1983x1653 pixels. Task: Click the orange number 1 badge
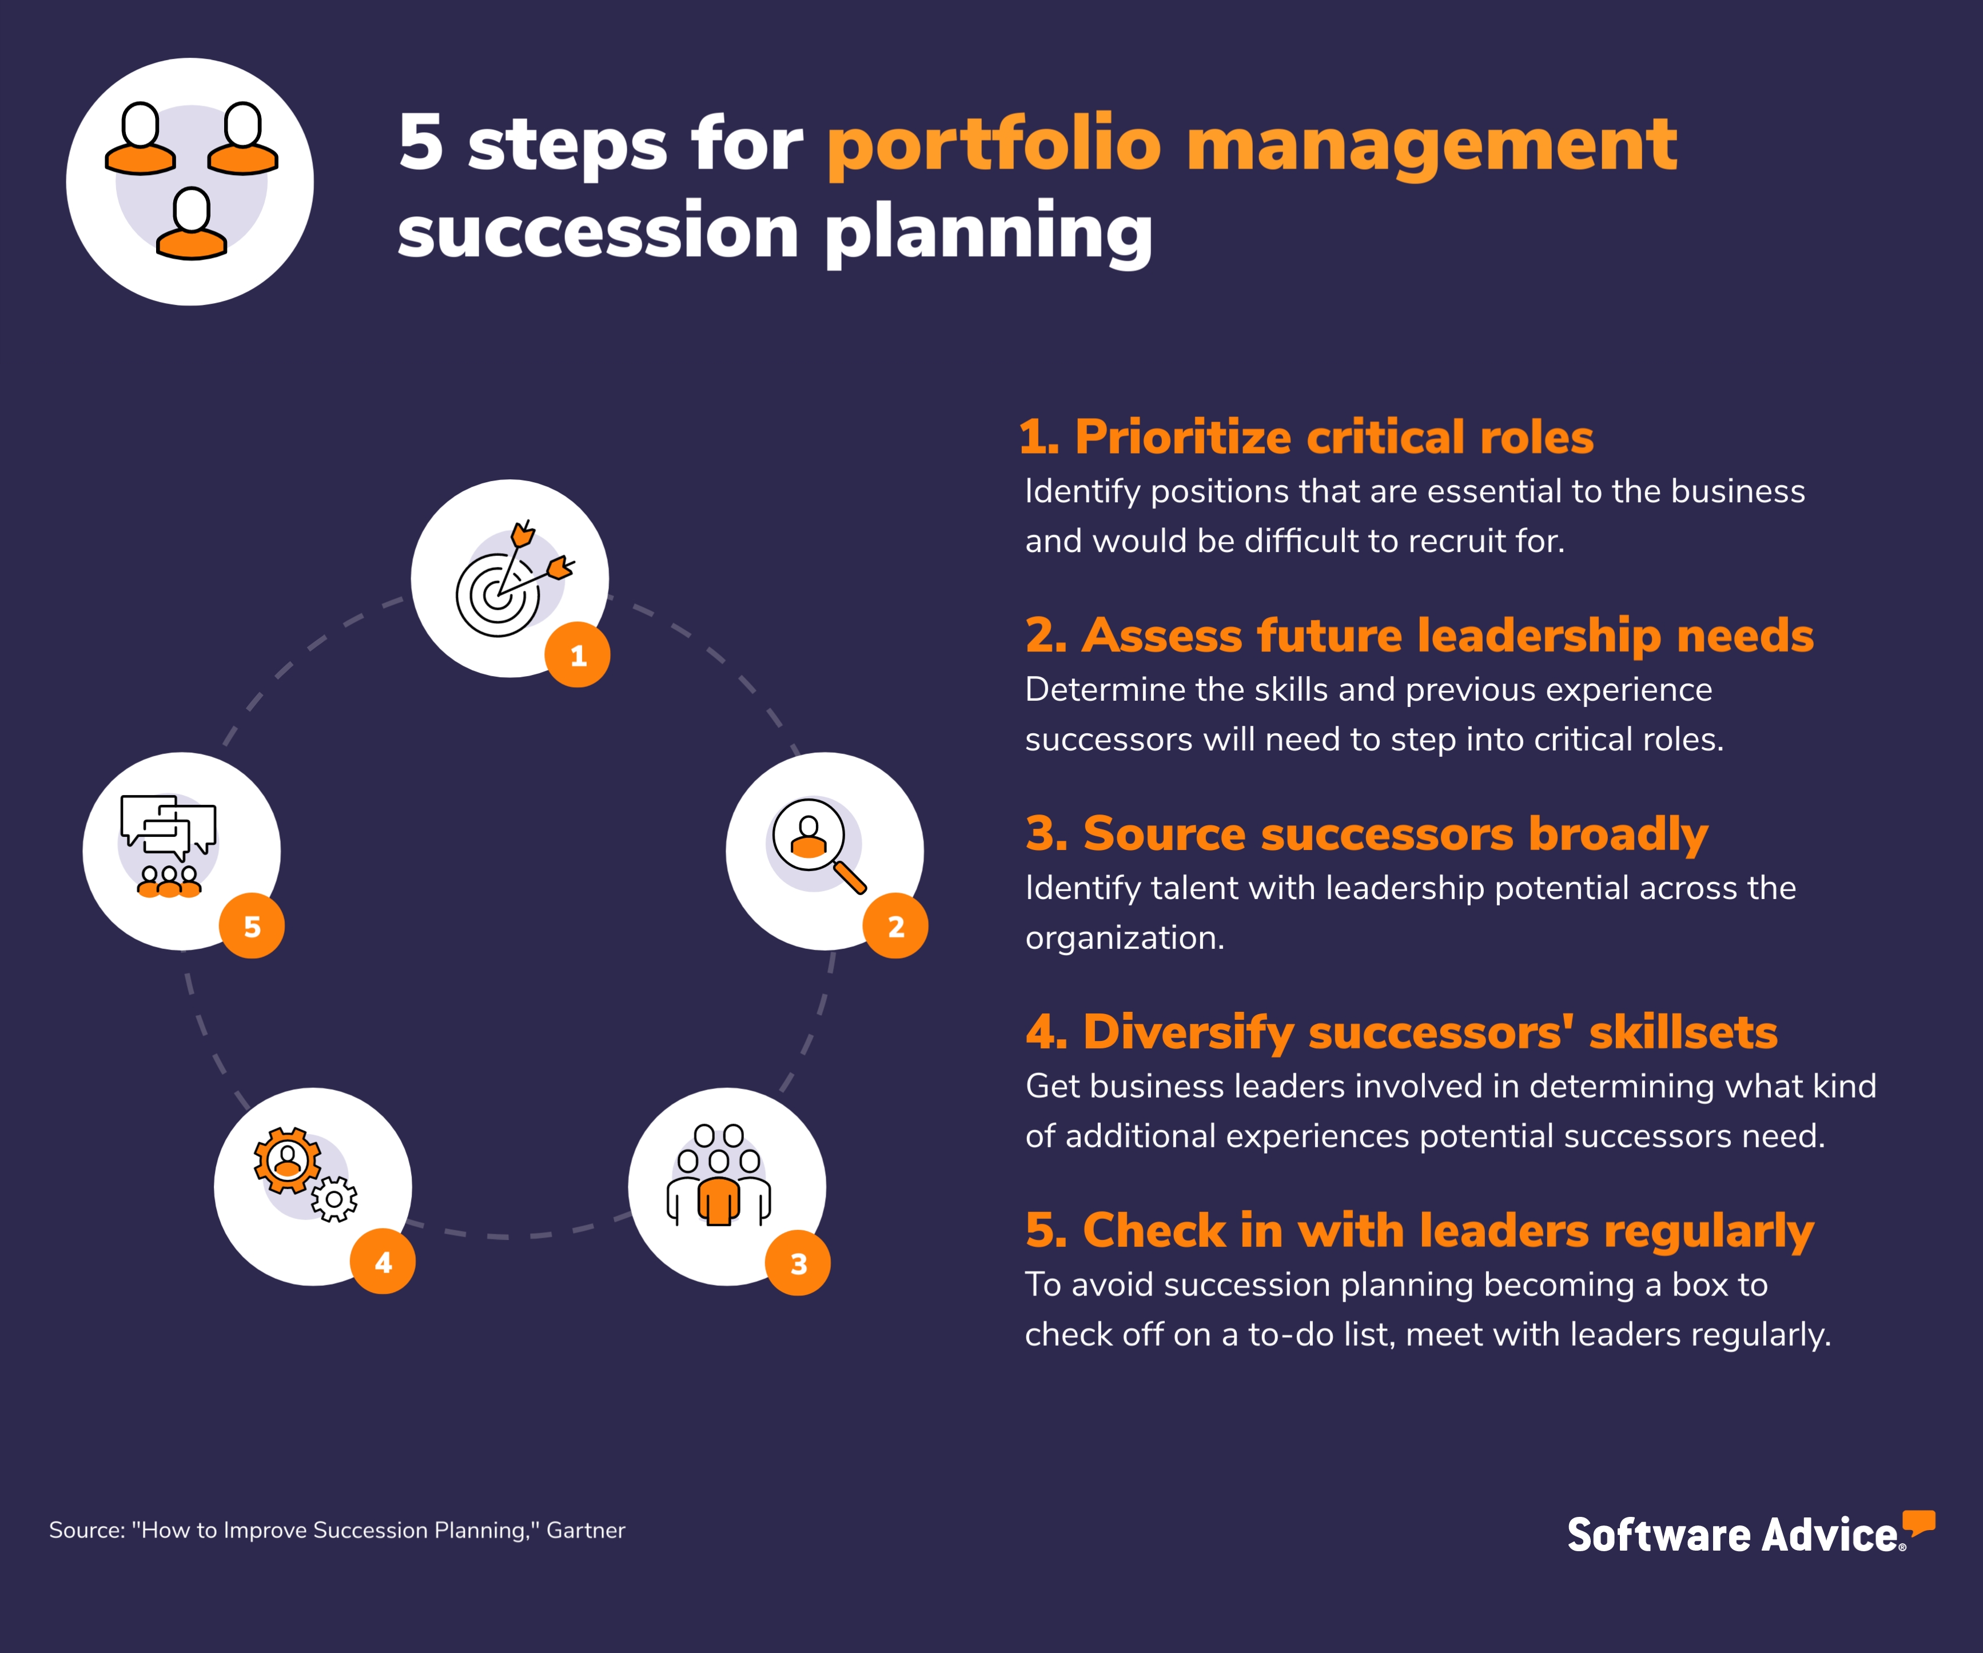point(577,654)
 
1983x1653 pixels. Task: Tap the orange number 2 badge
point(895,925)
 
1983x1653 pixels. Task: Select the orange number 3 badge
point(798,1263)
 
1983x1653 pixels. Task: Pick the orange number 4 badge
point(383,1262)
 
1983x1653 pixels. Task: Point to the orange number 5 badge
point(251,925)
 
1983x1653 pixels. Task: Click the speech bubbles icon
point(168,826)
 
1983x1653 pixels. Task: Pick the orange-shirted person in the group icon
point(719,1202)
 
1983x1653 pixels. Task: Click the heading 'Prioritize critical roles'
point(1306,438)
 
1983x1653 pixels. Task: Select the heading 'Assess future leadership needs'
point(1419,635)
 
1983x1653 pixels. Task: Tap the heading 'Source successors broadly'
point(1367,834)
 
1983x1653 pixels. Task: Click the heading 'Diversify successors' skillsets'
point(1401,1032)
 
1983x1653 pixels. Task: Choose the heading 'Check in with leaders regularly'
point(1419,1231)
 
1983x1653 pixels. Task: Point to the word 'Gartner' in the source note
point(586,1530)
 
